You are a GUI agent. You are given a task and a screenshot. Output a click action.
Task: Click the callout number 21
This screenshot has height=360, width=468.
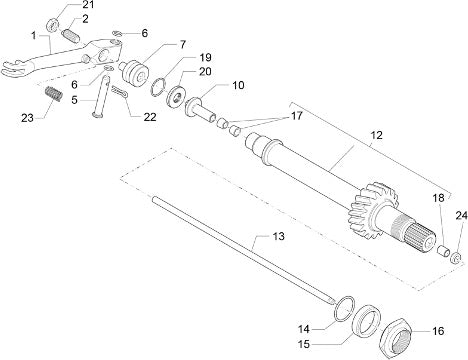[88, 5]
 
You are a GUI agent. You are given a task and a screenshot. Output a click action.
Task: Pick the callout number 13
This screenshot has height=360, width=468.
[278, 236]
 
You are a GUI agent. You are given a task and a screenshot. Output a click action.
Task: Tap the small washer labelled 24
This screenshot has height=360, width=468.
[456, 258]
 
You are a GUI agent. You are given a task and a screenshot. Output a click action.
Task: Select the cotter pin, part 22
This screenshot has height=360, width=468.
[120, 92]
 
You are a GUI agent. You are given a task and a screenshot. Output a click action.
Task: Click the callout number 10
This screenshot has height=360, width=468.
[238, 85]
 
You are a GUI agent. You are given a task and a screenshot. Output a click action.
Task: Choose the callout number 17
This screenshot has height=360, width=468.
[296, 116]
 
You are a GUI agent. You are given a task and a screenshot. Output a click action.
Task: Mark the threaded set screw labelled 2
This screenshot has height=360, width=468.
[70, 36]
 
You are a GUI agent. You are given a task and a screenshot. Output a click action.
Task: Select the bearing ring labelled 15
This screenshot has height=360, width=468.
[366, 321]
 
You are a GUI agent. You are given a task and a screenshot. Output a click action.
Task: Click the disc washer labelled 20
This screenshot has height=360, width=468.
[175, 95]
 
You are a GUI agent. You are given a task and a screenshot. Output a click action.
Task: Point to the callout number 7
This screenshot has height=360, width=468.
[183, 44]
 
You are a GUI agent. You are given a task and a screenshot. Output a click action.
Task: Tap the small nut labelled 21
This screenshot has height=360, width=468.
[53, 25]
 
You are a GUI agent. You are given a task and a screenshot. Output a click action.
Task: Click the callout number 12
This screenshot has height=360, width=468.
[376, 135]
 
